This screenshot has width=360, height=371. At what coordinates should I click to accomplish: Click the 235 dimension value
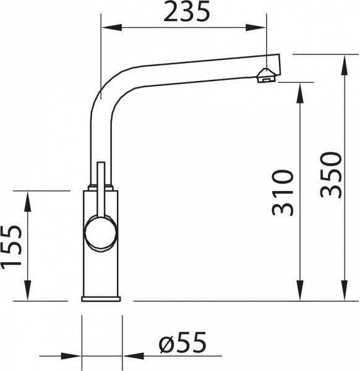pos(187,12)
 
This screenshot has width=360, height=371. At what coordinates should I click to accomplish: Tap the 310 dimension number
pos(281,192)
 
